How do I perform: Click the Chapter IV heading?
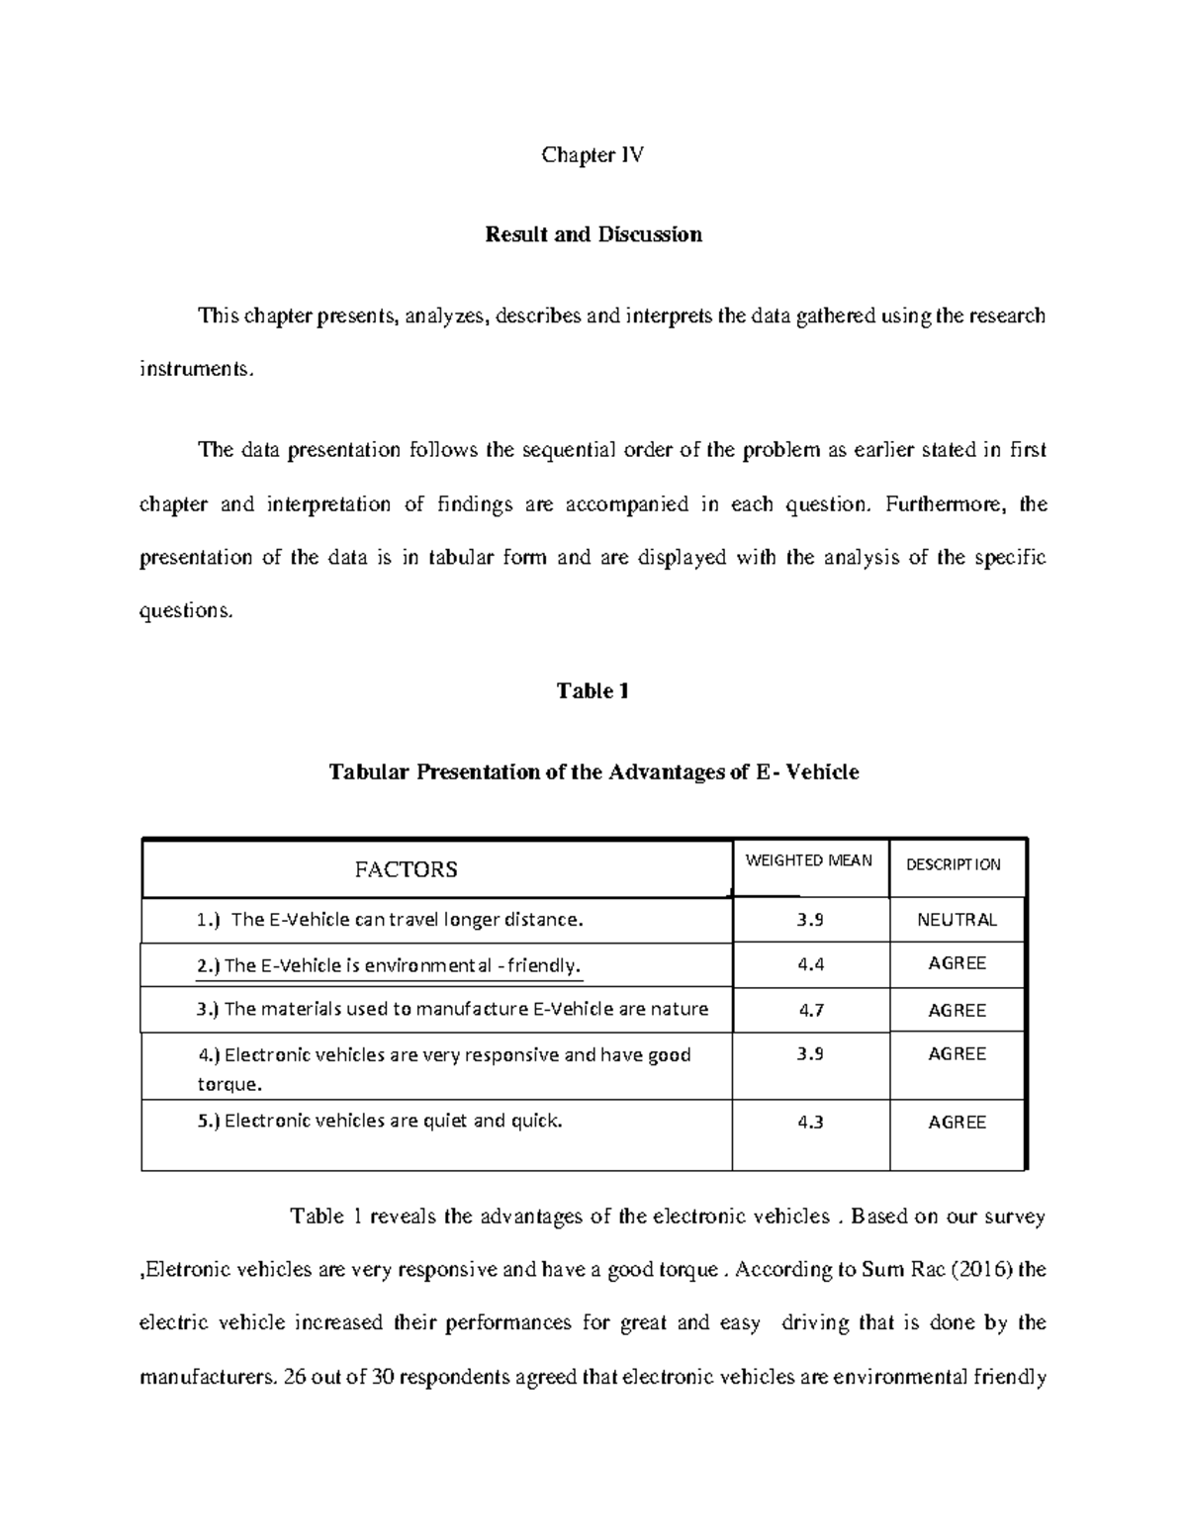coord(593,154)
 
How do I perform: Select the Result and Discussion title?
coord(593,234)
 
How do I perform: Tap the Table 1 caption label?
coord(593,691)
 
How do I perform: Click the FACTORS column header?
coord(406,869)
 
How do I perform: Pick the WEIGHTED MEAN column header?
coord(808,860)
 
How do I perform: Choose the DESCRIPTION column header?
coord(953,864)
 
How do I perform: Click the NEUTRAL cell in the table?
coord(957,920)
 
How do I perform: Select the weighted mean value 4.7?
coord(810,1010)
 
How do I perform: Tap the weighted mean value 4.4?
coord(810,964)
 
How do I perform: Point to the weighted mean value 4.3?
coord(810,1123)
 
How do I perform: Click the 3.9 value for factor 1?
coord(810,920)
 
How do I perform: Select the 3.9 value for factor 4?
coord(810,1054)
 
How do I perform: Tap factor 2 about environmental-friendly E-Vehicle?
coord(390,966)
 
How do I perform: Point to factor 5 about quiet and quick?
coord(380,1122)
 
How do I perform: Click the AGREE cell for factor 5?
coord(957,1123)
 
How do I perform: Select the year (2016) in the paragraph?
coord(981,1270)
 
